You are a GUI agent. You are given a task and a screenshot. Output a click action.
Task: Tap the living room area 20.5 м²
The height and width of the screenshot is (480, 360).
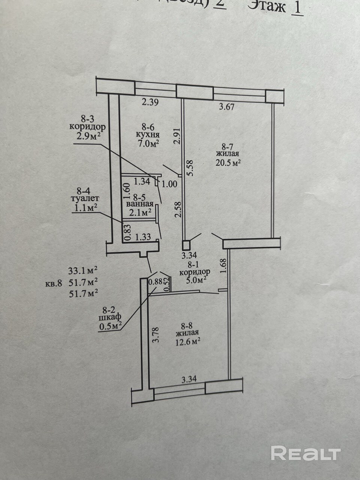(228, 162)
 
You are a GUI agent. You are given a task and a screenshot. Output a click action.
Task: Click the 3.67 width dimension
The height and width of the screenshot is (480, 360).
(226, 107)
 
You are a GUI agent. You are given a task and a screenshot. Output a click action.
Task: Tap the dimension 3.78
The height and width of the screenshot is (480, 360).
(156, 335)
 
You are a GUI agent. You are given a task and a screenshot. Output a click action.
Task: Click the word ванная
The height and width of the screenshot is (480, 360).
(140, 204)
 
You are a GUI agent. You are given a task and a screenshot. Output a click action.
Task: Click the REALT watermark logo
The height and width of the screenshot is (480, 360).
(305, 453)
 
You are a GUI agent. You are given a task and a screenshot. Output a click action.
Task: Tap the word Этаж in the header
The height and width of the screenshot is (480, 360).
(267, 6)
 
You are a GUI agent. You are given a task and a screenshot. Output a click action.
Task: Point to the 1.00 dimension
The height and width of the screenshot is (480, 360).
(169, 184)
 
